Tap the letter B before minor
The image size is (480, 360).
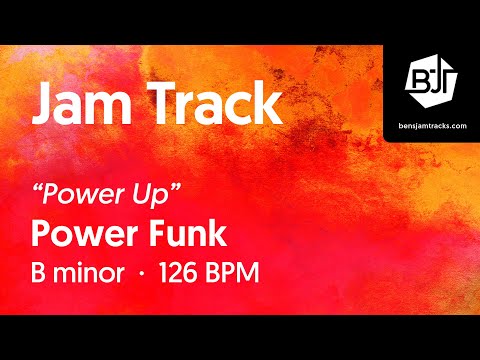pos(42,273)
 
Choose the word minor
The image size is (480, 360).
pos(95,273)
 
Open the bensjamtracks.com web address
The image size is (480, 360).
pos(431,124)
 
